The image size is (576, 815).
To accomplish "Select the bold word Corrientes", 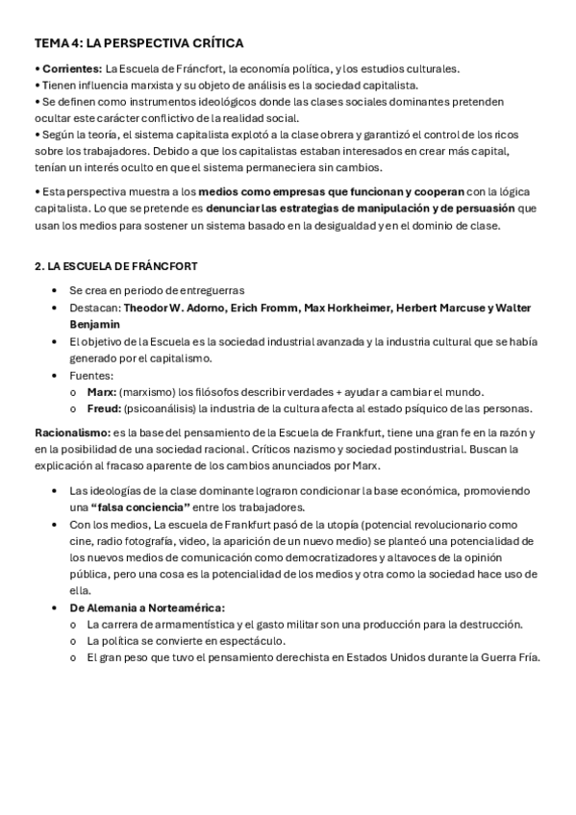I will [x=70, y=68].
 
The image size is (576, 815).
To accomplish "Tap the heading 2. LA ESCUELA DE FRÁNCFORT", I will [x=116, y=265].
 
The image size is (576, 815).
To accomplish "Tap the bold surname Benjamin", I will [x=97, y=324].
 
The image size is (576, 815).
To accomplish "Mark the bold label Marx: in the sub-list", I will [x=102, y=391].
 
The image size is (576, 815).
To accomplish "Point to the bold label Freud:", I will [x=105, y=408].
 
